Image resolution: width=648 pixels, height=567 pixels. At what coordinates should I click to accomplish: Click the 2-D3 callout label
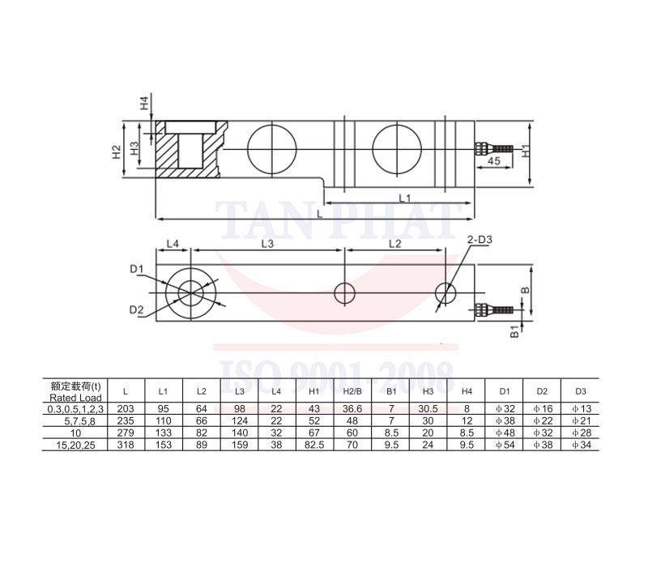tap(480, 240)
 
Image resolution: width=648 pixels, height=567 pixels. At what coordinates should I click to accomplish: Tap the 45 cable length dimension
tap(493, 160)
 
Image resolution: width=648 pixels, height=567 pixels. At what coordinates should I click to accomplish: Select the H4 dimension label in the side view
tap(144, 104)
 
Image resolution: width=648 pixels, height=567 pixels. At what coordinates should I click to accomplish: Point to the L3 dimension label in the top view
tap(267, 244)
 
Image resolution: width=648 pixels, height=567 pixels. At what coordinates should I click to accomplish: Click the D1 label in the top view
tap(136, 269)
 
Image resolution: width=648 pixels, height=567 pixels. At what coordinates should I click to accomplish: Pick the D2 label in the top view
tap(136, 309)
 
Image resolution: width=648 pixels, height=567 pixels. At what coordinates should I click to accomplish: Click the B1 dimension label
tap(514, 331)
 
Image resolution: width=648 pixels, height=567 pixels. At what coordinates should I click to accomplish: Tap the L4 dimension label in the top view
tap(173, 244)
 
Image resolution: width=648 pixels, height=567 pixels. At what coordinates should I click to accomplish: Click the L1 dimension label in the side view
tap(404, 198)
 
